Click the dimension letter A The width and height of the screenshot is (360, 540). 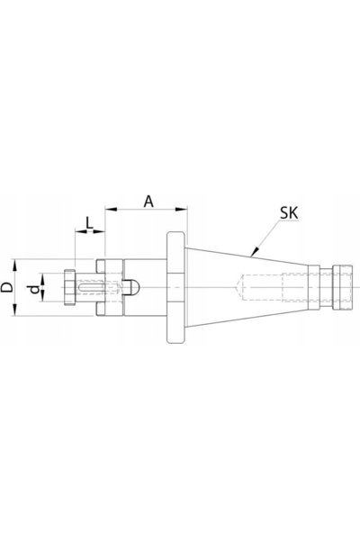point(148,202)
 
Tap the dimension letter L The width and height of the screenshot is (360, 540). point(90,223)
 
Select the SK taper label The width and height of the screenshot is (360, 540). point(289,213)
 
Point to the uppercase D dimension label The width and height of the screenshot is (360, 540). point(7,286)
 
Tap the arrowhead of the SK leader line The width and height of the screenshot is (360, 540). point(254,252)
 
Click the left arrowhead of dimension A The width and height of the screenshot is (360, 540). point(111,209)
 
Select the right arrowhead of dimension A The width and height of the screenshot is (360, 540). point(181,209)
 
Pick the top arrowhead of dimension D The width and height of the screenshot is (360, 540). point(14,265)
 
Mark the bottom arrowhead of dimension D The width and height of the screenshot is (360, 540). point(14,310)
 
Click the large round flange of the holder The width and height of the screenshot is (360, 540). point(176,287)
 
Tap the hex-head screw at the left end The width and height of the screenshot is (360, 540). point(69,287)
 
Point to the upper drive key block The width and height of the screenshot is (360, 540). point(101,266)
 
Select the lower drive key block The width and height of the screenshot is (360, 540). point(101,309)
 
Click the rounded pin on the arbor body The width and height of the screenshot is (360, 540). point(132,287)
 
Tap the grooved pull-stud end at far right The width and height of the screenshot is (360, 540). point(342,288)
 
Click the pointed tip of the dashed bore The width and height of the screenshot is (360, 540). point(237,287)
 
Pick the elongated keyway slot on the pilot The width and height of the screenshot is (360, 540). point(91,287)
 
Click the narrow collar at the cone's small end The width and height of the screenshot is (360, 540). point(313,287)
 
